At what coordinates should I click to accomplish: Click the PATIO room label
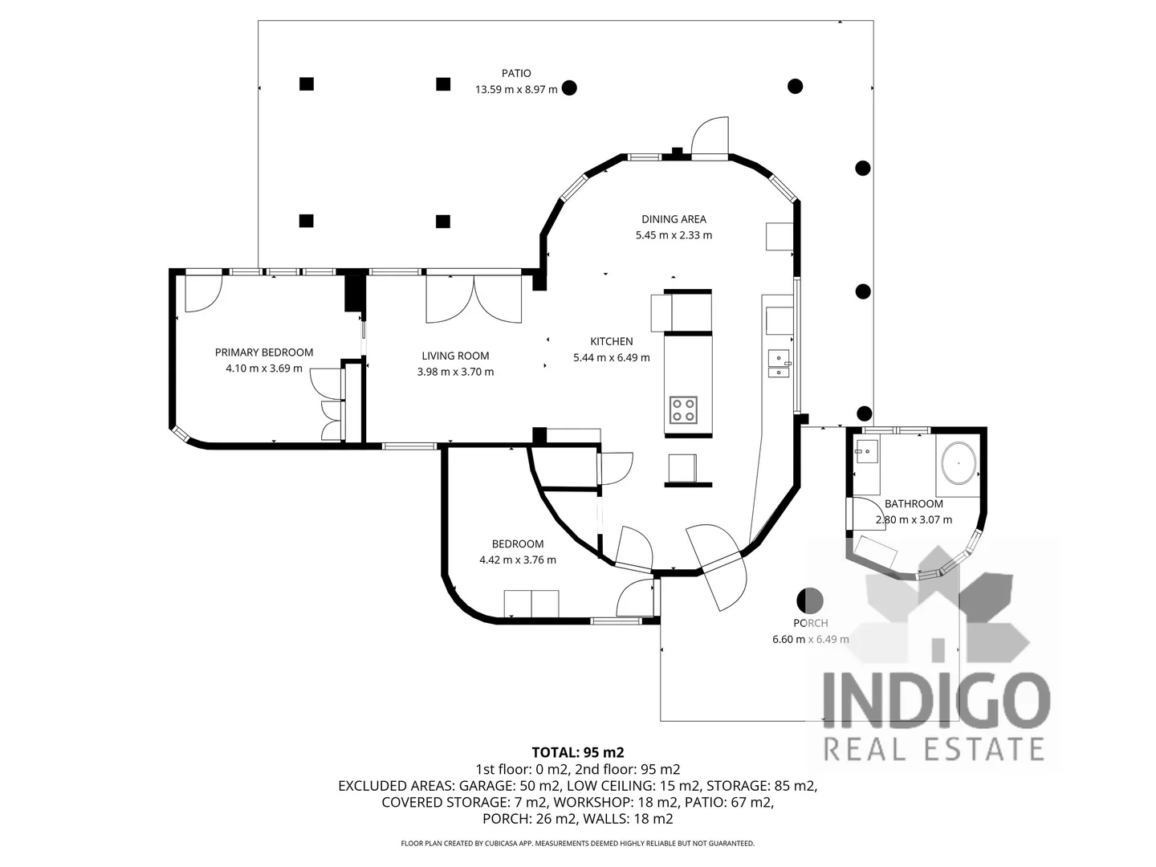[x=516, y=73]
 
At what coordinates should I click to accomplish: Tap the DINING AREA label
[x=674, y=219]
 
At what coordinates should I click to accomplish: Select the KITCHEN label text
[x=612, y=341]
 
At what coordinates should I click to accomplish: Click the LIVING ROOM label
[x=455, y=356]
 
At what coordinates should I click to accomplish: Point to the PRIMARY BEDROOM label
[x=264, y=352]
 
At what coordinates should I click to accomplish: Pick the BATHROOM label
[x=914, y=504]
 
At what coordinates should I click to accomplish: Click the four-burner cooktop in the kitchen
[x=683, y=410]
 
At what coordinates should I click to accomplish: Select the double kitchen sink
[x=778, y=364]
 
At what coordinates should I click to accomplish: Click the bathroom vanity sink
[x=866, y=451]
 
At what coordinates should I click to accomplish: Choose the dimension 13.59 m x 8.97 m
[x=516, y=90]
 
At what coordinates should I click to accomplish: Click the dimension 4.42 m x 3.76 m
[x=518, y=560]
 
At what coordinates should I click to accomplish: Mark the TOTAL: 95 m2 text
[x=578, y=752]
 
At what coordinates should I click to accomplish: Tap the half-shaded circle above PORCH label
[x=809, y=600]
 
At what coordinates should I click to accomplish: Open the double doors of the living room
[x=474, y=299]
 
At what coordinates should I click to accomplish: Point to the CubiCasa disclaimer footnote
[x=578, y=844]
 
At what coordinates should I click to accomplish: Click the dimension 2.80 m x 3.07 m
[x=914, y=520]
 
